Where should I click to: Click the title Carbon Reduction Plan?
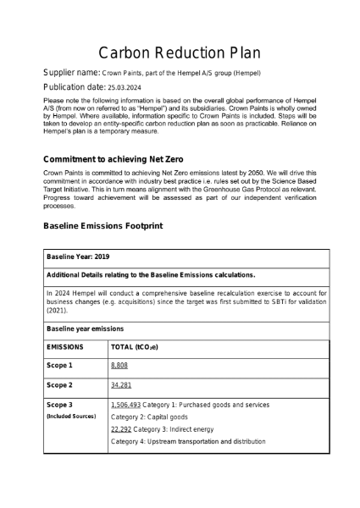(180, 54)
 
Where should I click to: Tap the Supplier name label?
(73, 73)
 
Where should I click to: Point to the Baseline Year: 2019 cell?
(78, 257)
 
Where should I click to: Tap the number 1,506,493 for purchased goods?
(127, 406)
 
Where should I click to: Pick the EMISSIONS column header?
(64, 347)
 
